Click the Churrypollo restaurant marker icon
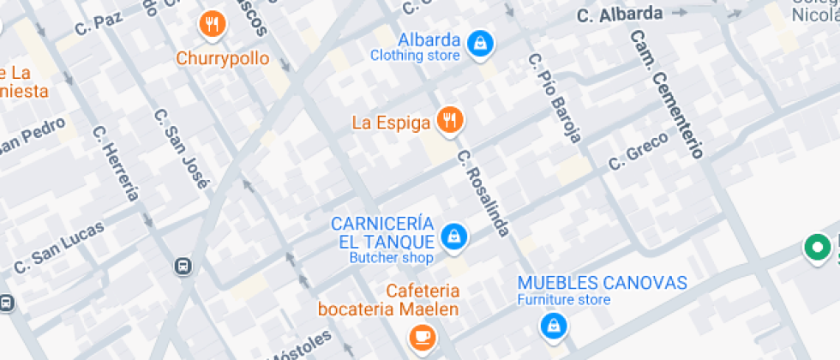[213, 26]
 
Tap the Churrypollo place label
[223, 59]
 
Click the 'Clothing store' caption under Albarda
[416, 56]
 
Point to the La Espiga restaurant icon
[449, 121]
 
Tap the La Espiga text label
[391, 123]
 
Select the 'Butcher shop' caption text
[391, 257]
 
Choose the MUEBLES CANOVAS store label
[602, 283]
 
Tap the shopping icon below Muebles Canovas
[553, 325]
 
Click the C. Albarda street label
[620, 15]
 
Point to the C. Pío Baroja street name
[555, 98]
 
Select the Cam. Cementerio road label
[666, 94]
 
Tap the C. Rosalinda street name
[483, 194]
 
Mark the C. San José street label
[181, 147]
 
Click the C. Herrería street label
[115, 163]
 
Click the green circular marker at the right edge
[818, 249]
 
